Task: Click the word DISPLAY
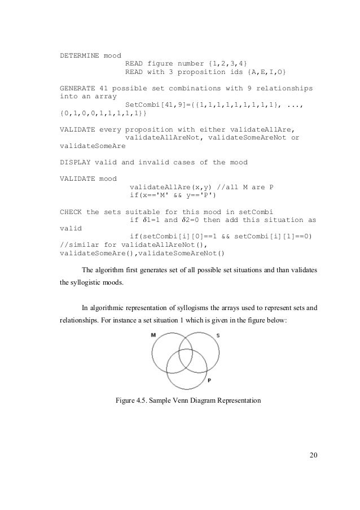point(75,163)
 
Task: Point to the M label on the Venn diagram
point(153,335)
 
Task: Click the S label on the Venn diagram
point(218,336)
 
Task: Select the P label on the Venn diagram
point(209,381)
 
